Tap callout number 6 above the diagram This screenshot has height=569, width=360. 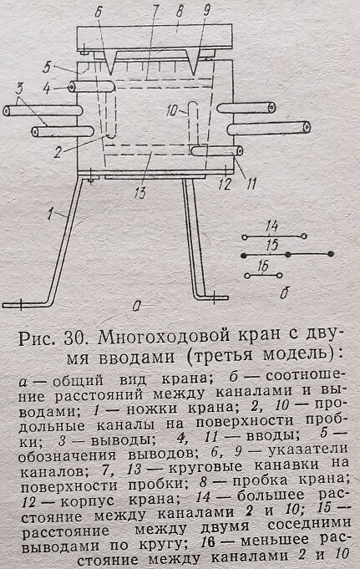pyautogui.click(x=98, y=13)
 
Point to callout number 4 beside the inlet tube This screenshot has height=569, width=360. pyautogui.click(x=47, y=89)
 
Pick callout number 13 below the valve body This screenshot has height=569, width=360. pyautogui.click(x=139, y=191)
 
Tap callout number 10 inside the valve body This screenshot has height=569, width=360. pyautogui.click(x=172, y=110)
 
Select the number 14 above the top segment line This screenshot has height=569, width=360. pyautogui.click(x=271, y=226)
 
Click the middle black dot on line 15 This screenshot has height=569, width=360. pyautogui.click(x=288, y=255)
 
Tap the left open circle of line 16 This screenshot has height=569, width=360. pyautogui.click(x=247, y=276)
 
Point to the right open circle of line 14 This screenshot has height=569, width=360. pyautogui.click(x=303, y=236)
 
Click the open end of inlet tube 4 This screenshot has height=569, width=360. pyautogui.click(x=72, y=87)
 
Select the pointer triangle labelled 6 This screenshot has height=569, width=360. pyautogui.click(x=110, y=62)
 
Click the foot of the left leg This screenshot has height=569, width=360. pyautogui.click(x=25, y=304)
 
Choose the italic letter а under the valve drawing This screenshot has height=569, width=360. pyautogui.click(x=136, y=307)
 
